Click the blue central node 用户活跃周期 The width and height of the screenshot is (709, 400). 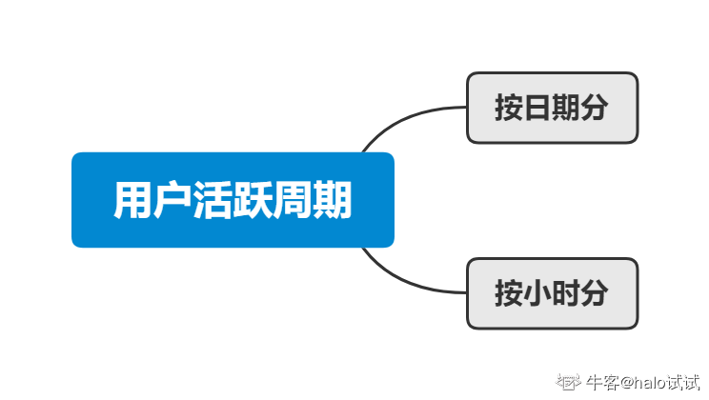(x=233, y=200)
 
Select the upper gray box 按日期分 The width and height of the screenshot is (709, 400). (x=552, y=108)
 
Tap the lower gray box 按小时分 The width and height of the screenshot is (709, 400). (x=552, y=293)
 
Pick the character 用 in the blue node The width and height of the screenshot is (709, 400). (x=132, y=201)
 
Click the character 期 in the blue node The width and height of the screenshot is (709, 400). (x=333, y=201)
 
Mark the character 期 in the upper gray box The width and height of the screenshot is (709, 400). (x=566, y=108)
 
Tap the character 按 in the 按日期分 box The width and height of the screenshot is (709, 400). (x=509, y=108)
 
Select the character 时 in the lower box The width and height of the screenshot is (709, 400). (x=566, y=293)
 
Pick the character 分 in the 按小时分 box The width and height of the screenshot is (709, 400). (x=595, y=293)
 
